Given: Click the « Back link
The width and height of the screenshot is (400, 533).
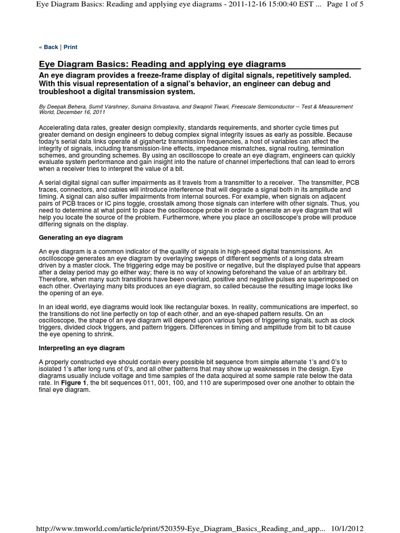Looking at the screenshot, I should (48, 47).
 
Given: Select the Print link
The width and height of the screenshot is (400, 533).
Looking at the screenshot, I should (70, 47).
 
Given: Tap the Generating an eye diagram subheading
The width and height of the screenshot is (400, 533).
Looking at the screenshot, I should (81, 237).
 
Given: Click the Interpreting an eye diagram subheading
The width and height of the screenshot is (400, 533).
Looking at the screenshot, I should (82, 347).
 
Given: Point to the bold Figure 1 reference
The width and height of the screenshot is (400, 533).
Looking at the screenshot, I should (73, 383).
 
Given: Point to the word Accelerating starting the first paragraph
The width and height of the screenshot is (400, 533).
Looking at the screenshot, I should (56, 127).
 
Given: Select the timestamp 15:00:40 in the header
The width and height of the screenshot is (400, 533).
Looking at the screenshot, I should (286, 5).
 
